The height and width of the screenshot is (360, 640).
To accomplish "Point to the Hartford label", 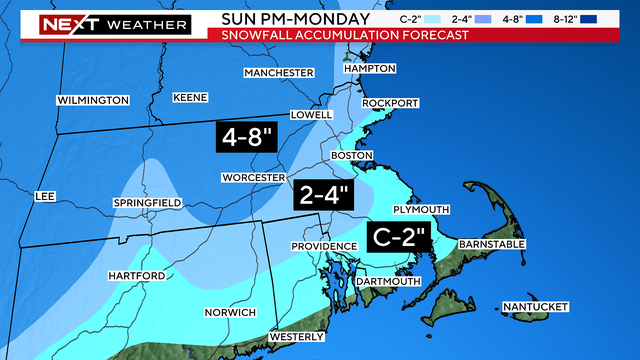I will click(x=137, y=276).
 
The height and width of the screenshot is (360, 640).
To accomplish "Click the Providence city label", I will click(x=324, y=246).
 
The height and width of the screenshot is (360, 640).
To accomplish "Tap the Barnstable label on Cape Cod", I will click(x=492, y=244).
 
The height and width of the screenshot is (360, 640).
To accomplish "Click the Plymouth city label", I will click(x=424, y=209).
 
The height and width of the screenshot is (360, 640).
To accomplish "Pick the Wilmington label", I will click(x=93, y=100).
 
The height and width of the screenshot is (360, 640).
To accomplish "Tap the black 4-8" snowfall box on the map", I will click(x=244, y=137).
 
